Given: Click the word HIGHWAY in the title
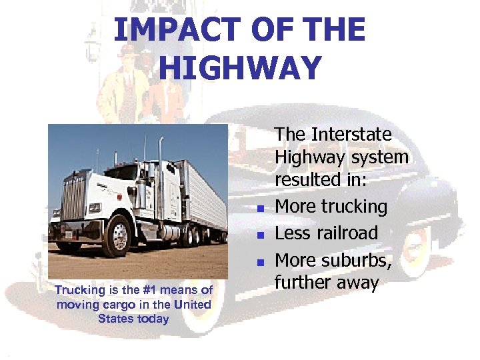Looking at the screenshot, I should point(241,68).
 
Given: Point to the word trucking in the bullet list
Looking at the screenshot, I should point(354,207).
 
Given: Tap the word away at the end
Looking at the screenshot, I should point(353,283).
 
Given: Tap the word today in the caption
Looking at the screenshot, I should point(153,318).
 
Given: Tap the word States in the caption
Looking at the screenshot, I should point(116,318).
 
